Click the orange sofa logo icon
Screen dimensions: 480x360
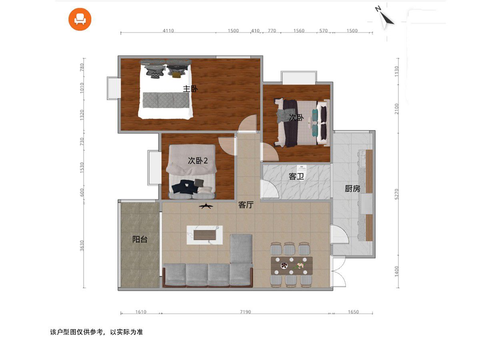[x=80, y=19]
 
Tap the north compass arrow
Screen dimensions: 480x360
[x=386, y=19]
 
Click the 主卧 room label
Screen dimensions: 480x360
[x=190, y=89]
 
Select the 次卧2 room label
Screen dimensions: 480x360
[x=198, y=161]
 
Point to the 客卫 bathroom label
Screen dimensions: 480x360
[x=296, y=176]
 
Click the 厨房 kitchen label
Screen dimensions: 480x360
[x=352, y=188]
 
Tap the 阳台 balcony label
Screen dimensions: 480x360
[x=140, y=239]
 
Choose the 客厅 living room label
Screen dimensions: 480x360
[x=246, y=205]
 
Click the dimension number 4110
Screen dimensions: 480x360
[x=168, y=31]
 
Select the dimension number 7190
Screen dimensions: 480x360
[x=245, y=312]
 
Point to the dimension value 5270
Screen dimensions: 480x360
[x=397, y=194]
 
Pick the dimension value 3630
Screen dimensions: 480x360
[x=82, y=246]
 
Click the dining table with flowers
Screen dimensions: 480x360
[x=292, y=266]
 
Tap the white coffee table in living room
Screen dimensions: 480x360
[x=205, y=235]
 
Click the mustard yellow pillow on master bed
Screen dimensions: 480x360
[x=176, y=75]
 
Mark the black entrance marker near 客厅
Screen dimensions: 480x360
[x=206, y=206]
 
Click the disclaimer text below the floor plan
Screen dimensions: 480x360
[x=96, y=332]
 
